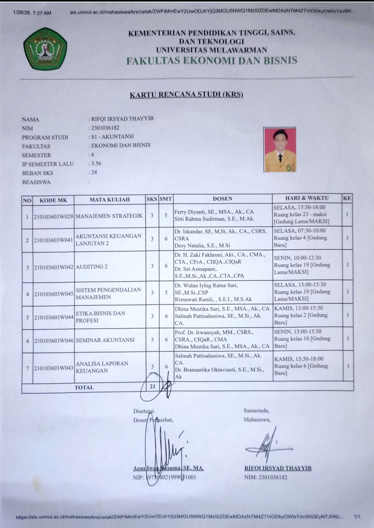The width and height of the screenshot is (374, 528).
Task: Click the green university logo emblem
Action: (45, 48)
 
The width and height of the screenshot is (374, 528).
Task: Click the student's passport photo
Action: (280, 149)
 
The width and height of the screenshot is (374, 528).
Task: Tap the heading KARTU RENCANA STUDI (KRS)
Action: (186, 94)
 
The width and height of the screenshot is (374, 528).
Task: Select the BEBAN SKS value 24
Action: (94, 172)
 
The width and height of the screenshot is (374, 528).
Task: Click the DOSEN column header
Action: (222, 199)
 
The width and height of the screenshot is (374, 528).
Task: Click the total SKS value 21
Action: (153, 386)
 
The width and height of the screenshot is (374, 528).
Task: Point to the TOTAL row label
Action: (84, 388)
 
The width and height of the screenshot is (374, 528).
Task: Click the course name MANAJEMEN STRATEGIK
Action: (109, 216)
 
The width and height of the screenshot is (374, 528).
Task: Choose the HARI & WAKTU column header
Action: (307, 198)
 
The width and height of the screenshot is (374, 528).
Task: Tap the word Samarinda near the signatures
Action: (256, 411)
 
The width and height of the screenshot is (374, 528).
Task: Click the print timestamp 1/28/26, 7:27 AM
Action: (32, 13)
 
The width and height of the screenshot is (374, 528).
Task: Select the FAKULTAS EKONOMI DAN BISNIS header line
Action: (212, 61)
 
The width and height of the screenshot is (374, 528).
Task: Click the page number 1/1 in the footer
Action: (357, 517)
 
